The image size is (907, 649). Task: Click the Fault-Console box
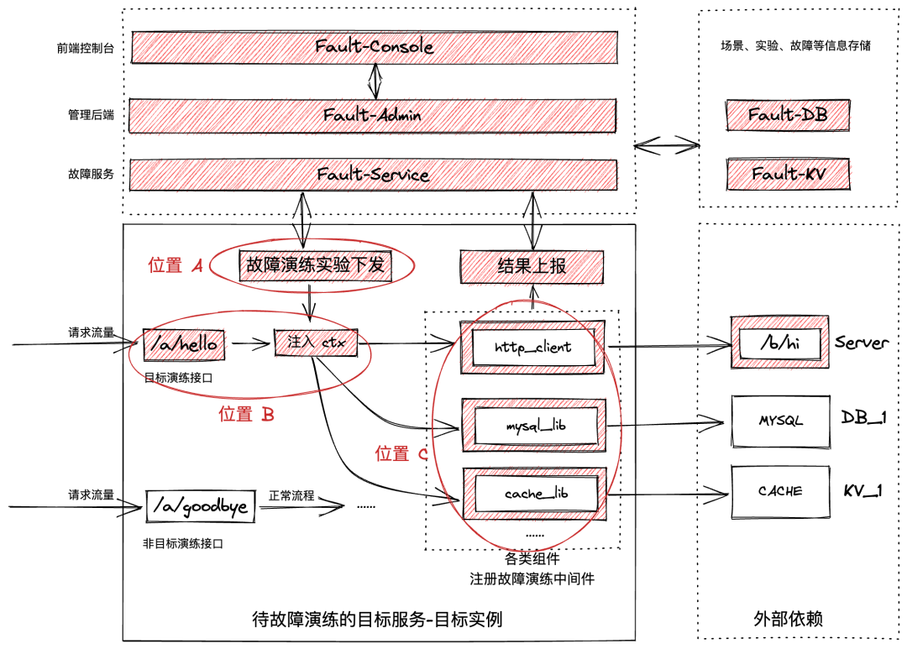(x=375, y=47)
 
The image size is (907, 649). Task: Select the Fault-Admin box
(x=373, y=116)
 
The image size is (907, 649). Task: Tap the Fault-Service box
(x=373, y=175)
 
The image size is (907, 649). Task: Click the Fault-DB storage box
(x=788, y=115)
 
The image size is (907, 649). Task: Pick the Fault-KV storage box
(x=789, y=174)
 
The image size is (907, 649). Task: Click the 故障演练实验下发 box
(x=315, y=265)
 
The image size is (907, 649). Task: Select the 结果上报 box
(x=532, y=267)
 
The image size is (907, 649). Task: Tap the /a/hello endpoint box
(x=184, y=345)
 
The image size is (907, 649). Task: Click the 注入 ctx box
(x=316, y=343)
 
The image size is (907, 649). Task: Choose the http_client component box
(x=532, y=347)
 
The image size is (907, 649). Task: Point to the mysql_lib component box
(x=534, y=425)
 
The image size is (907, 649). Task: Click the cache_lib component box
(x=535, y=494)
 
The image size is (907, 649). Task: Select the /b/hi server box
(x=779, y=343)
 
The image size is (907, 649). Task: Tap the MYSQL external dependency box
(x=780, y=421)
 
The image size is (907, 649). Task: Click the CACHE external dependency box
(x=780, y=492)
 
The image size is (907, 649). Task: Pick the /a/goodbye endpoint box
(x=200, y=507)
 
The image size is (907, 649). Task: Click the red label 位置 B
(x=246, y=414)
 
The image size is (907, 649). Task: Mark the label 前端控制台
(x=86, y=48)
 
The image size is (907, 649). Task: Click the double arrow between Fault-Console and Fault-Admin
(x=375, y=81)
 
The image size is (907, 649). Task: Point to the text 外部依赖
(x=788, y=619)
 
